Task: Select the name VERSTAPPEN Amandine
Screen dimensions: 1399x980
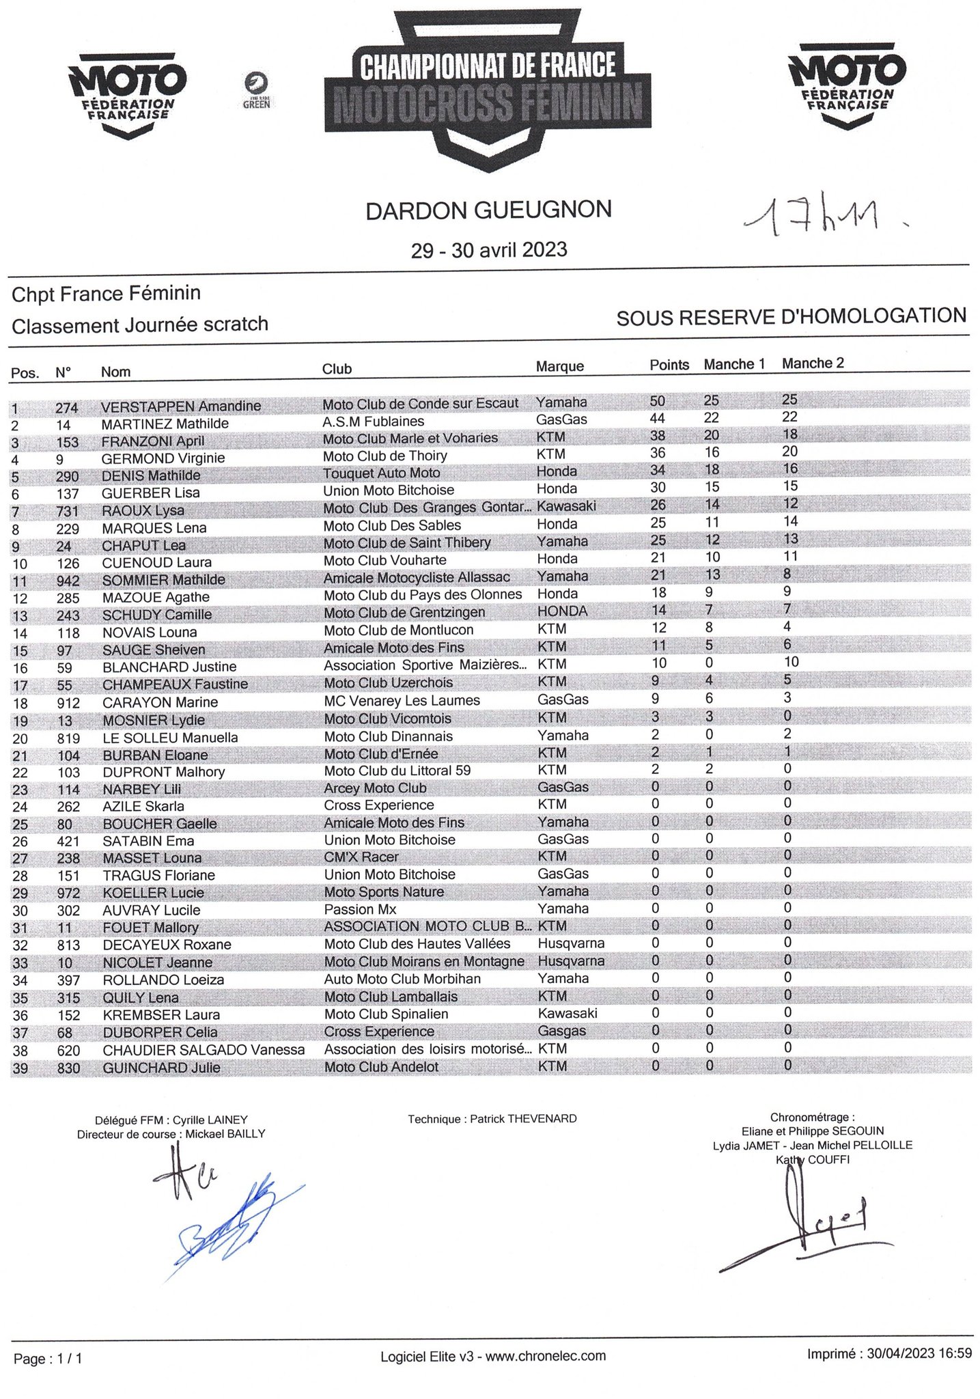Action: coord(181,406)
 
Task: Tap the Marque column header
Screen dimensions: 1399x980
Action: coord(559,367)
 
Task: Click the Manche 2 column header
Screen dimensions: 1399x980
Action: coord(813,363)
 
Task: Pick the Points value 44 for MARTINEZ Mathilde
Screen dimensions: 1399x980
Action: coord(657,418)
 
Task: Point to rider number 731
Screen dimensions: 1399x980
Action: coord(67,512)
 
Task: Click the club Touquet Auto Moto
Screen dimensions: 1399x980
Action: coord(382,473)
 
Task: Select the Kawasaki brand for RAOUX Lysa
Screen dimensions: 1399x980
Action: coord(566,506)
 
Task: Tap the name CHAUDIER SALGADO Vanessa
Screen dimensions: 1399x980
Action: coord(204,1050)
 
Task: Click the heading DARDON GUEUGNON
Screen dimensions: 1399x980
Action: coord(488,210)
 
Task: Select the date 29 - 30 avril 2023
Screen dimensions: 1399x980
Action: coord(488,250)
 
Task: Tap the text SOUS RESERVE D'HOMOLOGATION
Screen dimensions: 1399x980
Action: coord(791,317)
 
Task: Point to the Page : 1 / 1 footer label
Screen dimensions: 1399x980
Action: coord(48,1359)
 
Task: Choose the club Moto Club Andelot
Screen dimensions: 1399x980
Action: coord(381,1067)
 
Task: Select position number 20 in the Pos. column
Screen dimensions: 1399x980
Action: coord(20,738)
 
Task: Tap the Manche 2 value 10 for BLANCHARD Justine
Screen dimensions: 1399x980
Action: coord(791,662)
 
